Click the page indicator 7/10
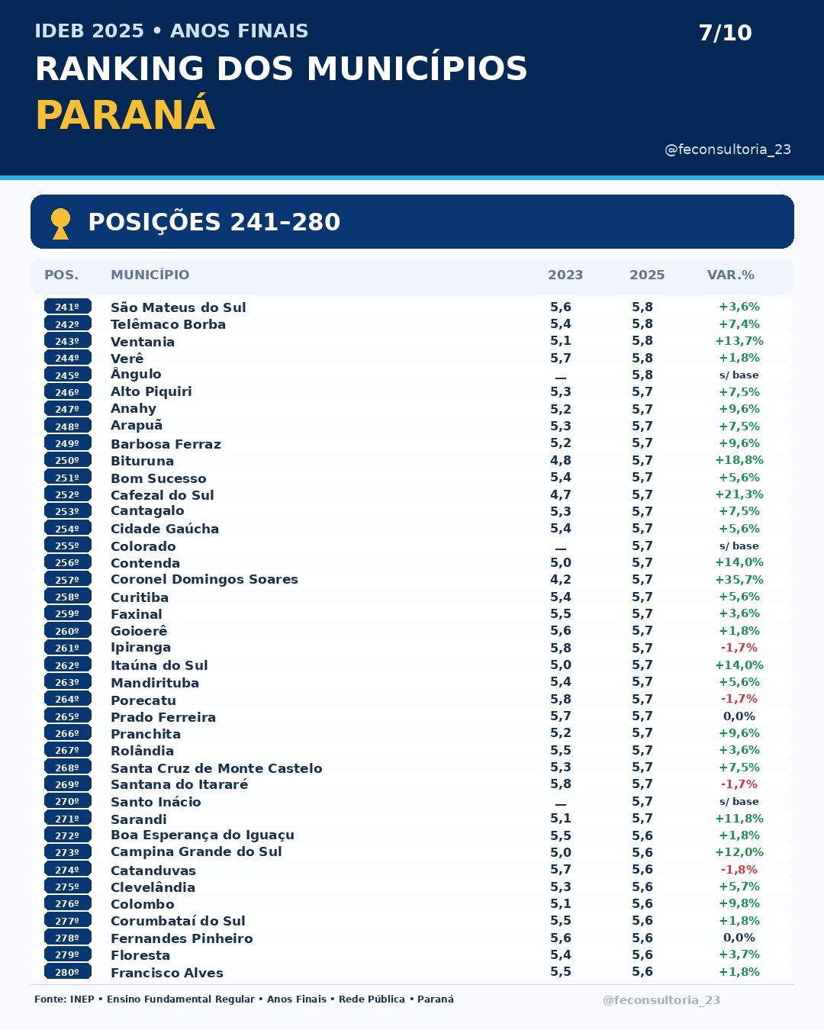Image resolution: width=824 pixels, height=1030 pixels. pos(725,33)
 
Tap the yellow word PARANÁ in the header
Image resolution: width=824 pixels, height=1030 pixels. pos(125,115)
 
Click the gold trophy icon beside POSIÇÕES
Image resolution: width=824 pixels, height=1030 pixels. pos(60,224)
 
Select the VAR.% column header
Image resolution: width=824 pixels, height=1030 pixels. pos(731,275)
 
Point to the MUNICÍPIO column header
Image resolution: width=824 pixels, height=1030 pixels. pos(150,275)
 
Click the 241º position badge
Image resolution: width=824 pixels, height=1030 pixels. pos(67,307)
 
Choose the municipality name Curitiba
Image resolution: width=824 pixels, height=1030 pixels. pos(140,597)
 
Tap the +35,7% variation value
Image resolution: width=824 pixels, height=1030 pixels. pos(739,580)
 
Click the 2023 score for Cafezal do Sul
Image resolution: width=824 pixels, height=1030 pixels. pos(560,494)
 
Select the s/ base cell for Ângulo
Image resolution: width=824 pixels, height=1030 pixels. pos(739,375)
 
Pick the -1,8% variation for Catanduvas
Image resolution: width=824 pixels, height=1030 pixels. pos(739,869)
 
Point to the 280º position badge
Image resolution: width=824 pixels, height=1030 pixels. pos(67,972)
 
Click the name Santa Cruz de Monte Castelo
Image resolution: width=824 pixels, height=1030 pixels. pos(217,768)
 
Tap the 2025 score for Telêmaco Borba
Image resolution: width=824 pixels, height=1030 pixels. pos(642,324)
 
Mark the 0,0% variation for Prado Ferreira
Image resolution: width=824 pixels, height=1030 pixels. pos(739,716)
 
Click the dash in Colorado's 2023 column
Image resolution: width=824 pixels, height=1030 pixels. pos(560,549)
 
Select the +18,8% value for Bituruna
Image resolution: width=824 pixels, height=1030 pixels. pos(739,460)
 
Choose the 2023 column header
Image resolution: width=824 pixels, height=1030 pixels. pos(565,275)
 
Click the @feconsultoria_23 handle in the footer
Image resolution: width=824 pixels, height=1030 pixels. pos(661,999)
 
